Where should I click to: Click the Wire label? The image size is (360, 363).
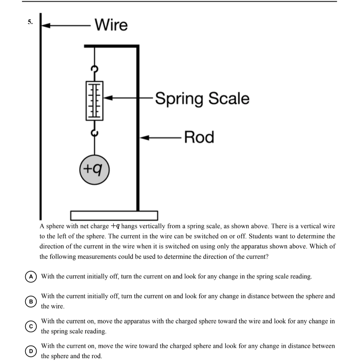pos(111,25)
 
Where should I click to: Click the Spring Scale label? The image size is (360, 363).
pos(202,98)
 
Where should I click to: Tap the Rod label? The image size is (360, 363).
pos(199,137)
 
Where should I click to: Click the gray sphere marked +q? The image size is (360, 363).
pos(94,170)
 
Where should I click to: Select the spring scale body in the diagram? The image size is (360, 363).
pos(94,100)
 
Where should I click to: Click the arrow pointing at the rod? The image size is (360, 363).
pos(161,137)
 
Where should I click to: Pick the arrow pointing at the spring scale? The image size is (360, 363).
pos(128,97)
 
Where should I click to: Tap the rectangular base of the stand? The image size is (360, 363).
pos(114,215)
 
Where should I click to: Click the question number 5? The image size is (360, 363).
pos(30,22)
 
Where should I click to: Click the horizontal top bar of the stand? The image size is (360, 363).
pos(111,46)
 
